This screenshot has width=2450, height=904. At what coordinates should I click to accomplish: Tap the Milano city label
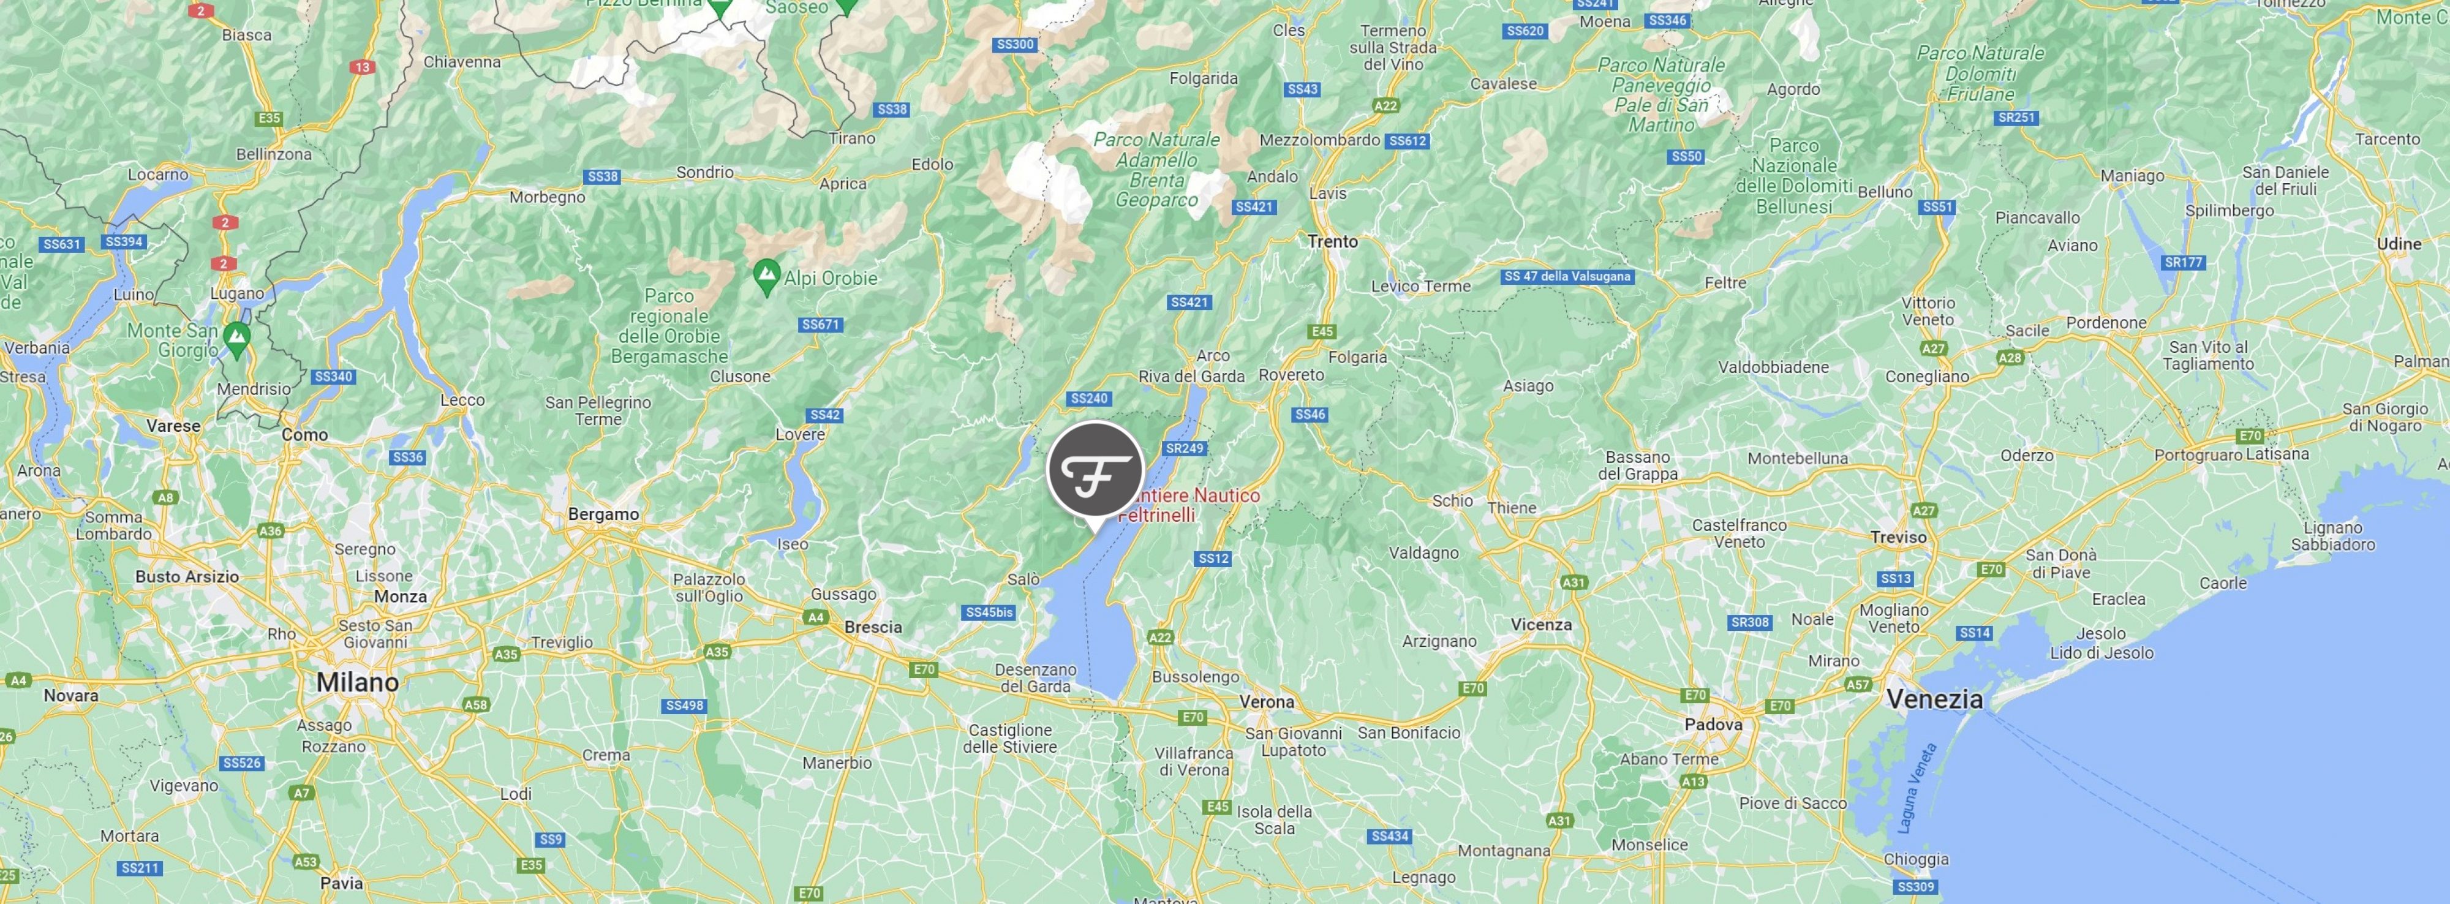pyautogui.click(x=358, y=682)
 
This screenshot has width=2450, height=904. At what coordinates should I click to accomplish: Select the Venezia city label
pyautogui.click(x=1934, y=699)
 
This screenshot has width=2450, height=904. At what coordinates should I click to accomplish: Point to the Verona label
pyautogui.click(x=1266, y=701)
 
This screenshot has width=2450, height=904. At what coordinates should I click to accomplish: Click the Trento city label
pyautogui.click(x=1332, y=241)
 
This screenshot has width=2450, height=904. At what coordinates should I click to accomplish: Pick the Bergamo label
pyautogui.click(x=603, y=514)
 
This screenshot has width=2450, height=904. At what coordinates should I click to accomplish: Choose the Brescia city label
pyautogui.click(x=872, y=627)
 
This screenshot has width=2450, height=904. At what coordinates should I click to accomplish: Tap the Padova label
pyautogui.click(x=1713, y=725)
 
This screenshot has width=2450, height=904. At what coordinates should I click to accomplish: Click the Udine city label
pyautogui.click(x=2399, y=244)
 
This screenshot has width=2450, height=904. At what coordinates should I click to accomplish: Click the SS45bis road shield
pyautogui.click(x=989, y=612)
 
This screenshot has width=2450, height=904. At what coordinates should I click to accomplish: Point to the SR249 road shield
pyautogui.click(x=1184, y=448)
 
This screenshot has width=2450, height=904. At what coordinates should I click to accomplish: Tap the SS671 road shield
pyautogui.click(x=820, y=324)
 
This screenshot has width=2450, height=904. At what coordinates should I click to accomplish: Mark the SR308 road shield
pyautogui.click(x=1750, y=623)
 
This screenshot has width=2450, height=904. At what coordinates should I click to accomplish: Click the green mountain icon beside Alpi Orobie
pyautogui.click(x=766, y=276)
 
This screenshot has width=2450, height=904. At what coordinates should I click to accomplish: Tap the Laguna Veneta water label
pyautogui.click(x=1917, y=789)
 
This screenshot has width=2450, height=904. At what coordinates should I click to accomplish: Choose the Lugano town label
pyautogui.click(x=237, y=294)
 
